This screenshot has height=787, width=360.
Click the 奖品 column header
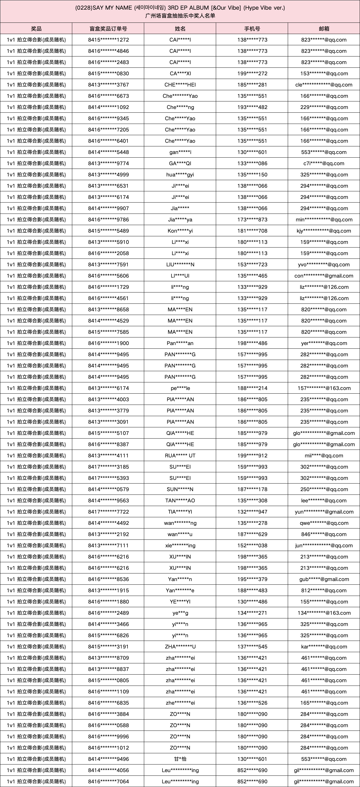point(36,29)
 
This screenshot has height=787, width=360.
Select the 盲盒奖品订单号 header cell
point(108,29)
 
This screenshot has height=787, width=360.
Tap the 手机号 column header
point(252,29)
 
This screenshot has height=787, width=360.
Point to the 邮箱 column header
point(324,29)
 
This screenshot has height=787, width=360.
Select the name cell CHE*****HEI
point(180,85)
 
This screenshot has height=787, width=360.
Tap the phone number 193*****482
point(252,107)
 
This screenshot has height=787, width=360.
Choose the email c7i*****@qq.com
point(324,163)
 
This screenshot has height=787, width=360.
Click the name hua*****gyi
point(180,175)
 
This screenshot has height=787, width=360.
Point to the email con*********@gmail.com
point(324,276)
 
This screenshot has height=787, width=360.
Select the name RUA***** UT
point(180,456)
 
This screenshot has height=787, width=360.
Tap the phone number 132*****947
point(252,512)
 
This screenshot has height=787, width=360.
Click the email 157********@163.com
point(324,388)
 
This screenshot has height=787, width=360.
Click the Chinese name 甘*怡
point(180,759)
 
